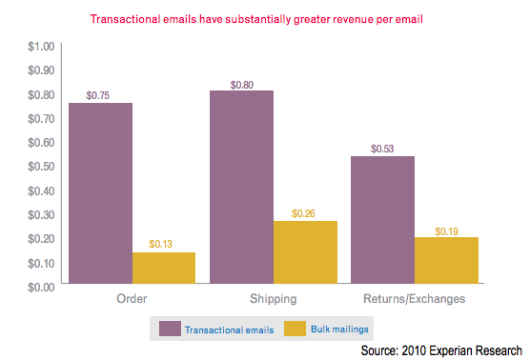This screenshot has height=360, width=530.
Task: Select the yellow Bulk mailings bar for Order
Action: tap(164, 268)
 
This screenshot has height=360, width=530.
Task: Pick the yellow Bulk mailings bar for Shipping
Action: tap(305, 251)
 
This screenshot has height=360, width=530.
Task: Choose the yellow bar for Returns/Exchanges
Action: tap(446, 260)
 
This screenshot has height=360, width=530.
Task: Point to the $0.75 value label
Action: tap(99, 94)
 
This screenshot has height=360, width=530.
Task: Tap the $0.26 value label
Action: tap(304, 212)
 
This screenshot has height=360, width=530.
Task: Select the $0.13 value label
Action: tap(163, 244)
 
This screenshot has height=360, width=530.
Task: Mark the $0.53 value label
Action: tap(382, 148)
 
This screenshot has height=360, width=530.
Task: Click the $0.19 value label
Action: tap(447, 230)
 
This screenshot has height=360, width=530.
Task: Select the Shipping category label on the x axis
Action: tap(273, 299)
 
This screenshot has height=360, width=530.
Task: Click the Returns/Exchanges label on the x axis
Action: tap(414, 299)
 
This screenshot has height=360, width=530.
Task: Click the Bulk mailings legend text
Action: tap(339, 330)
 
